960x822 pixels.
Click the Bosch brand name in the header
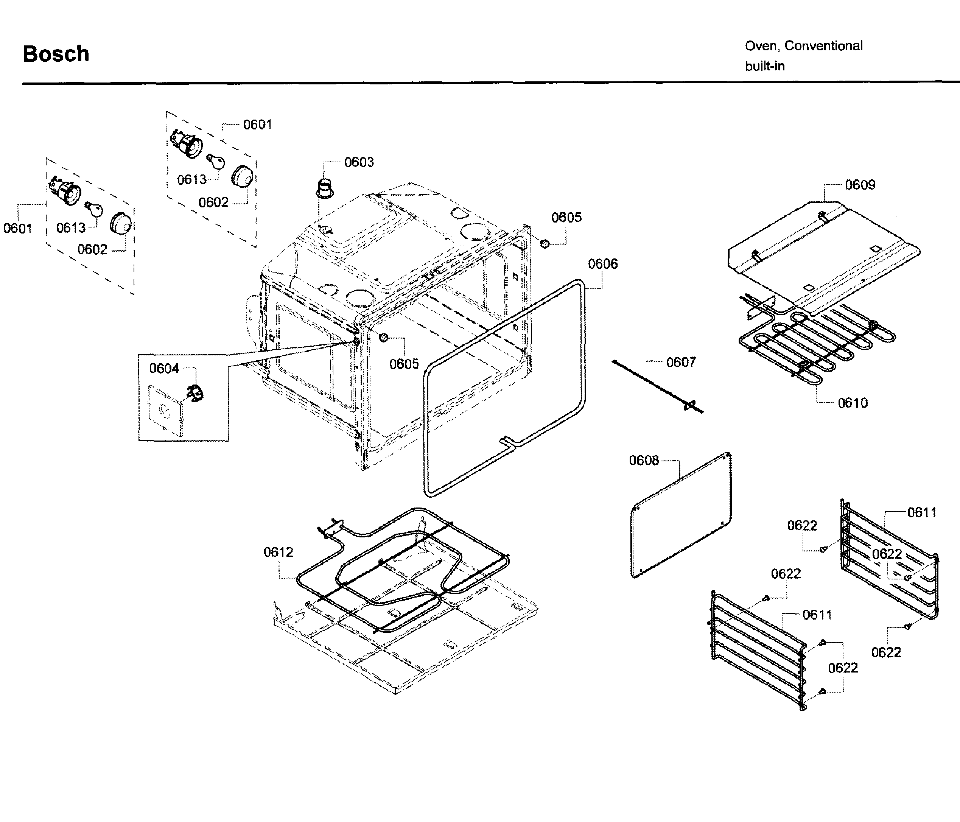click(56, 54)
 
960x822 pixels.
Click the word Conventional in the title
click(823, 46)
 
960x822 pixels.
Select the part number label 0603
click(359, 162)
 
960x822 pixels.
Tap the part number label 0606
click(602, 264)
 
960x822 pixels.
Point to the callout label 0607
click(681, 362)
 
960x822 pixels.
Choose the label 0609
click(860, 185)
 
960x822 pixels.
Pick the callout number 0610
click(853, 403)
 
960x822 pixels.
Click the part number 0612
click(278, 552)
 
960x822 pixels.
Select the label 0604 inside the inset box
click(163, 369)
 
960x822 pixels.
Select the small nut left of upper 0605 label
click(545, 243)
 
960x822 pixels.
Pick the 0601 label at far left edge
click(18, 229)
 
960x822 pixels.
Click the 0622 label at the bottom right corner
click(885, 652)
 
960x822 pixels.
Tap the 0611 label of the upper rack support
click(921, 512)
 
